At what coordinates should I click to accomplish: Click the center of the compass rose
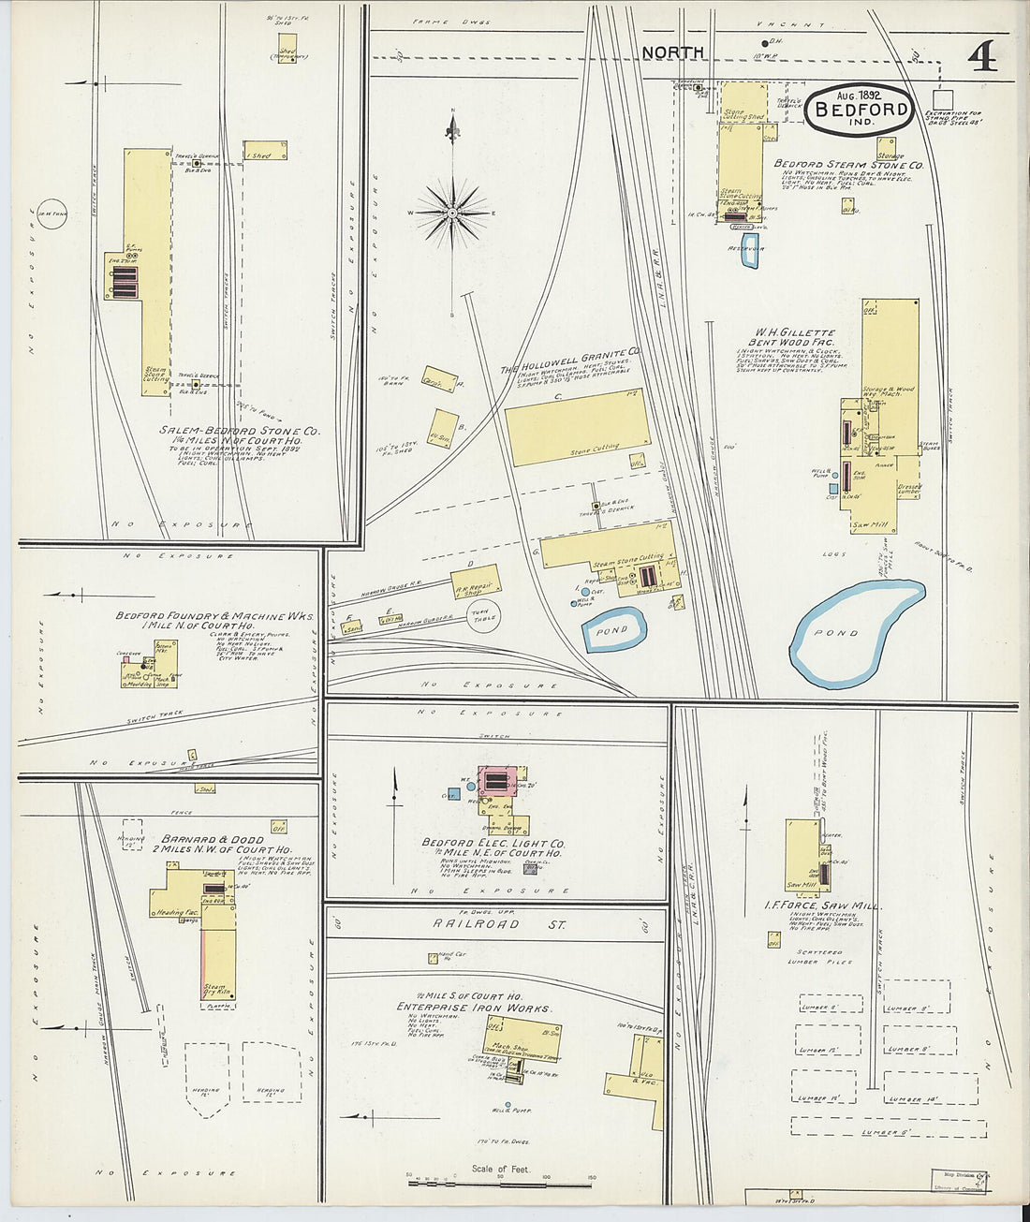[x=453, y=213]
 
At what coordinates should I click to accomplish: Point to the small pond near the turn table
[x=614, y=630]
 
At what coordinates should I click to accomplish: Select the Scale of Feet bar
[x=500, y=1184]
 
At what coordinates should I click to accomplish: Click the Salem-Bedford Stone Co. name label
[x=239, y=431]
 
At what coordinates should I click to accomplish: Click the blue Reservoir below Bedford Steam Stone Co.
[x=749, y=251]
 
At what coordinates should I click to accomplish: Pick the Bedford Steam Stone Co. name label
[x=847, y=164]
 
